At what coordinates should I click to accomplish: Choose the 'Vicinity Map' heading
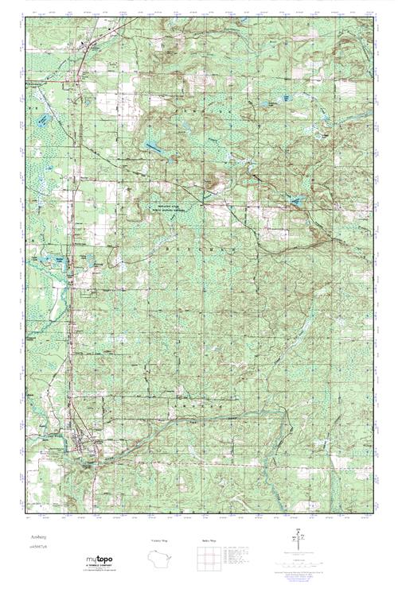coord(162,540)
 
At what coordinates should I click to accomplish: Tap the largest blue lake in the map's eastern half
coord(296,200)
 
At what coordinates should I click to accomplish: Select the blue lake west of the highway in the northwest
coord(43,119)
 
